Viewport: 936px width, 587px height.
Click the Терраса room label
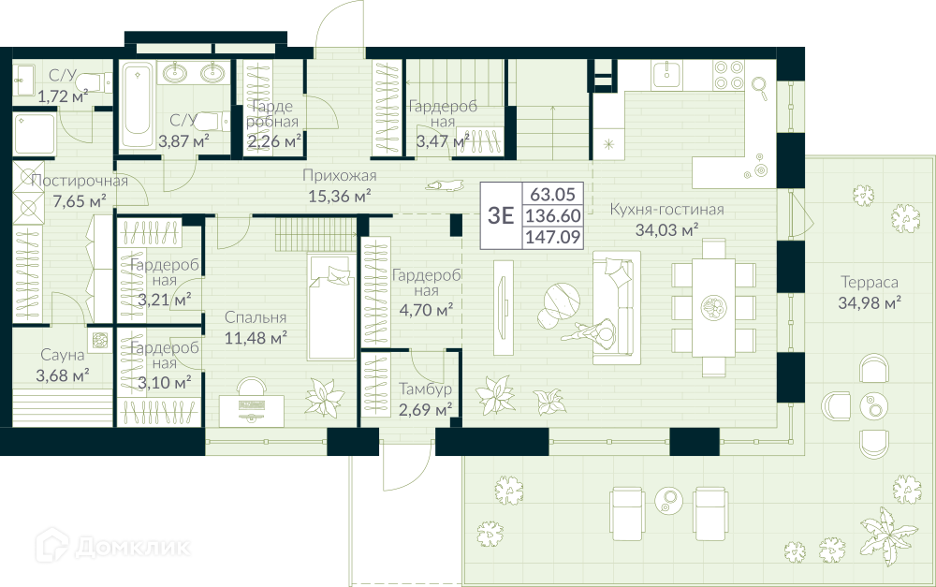tap(870, 282)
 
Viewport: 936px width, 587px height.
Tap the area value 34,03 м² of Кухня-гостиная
tap(666, 230)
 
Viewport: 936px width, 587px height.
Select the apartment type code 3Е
tap(501, 215)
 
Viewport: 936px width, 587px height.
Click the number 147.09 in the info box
tap(553, 237)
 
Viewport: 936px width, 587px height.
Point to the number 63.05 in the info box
tap(553, 194)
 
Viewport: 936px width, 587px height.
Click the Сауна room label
tap(63, 355)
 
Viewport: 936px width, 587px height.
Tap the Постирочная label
tap(80, 181)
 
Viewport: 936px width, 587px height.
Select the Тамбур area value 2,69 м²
tap(425, 410)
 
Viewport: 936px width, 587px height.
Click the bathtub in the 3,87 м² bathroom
tap(137, 107)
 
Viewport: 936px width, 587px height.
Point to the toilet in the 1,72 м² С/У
tap(94, 81)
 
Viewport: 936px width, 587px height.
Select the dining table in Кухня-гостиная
tap(713, 307)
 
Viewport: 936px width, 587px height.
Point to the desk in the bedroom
tap(251, 411)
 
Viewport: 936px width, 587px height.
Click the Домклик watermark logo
tap(112, 545)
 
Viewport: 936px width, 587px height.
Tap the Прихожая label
tap(339, 176)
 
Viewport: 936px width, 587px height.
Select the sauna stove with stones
tap(99, 340)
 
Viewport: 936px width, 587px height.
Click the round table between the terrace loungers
tap(668, 499)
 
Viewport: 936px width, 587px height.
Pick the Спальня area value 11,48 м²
tap(256, 338)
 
